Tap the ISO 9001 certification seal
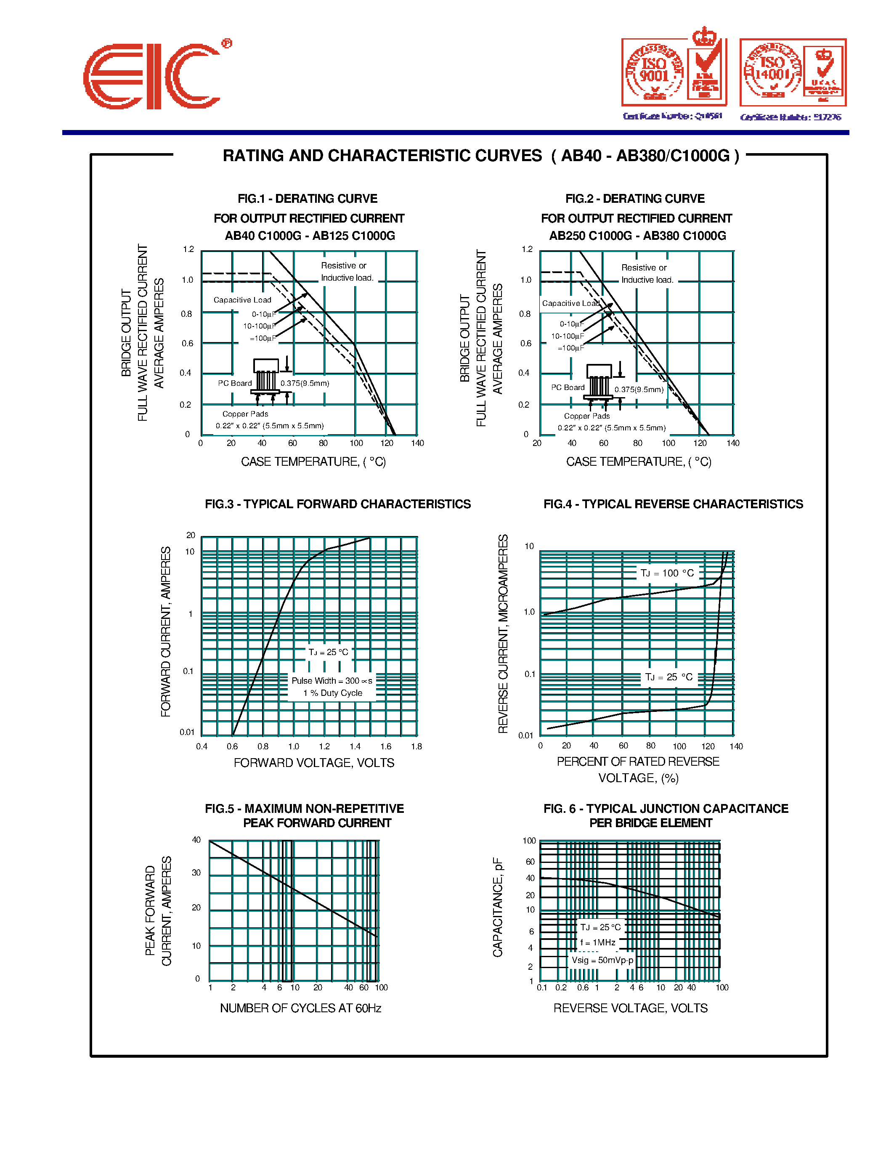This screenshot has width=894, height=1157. [x=655, y=73]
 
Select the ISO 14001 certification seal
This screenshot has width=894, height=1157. [x=773, y=72]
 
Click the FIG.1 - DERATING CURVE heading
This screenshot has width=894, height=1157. [x=307, y=199]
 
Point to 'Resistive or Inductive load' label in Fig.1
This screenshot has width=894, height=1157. [x=347, y=272]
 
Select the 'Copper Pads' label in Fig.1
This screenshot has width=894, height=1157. [x=245, y=414]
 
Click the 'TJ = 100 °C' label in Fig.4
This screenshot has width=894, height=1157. [x=667, y=573]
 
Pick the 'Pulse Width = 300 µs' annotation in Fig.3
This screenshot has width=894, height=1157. [x=332, y=681]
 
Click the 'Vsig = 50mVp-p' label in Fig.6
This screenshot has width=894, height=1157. [x=602, y=960]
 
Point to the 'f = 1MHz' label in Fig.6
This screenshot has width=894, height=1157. [x=598, y=942]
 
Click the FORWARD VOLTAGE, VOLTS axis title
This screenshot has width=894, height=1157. [x=314, y=763]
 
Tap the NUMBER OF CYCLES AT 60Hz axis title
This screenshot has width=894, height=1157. [x=300, y=1008]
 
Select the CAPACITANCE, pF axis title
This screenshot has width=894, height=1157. [x=497, y=908]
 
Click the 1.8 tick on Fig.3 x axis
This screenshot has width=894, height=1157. [x=416, y=746]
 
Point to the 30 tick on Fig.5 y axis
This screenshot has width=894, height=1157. [x=196, y=873]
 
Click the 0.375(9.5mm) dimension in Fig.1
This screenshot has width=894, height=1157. [x=305, y=383]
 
